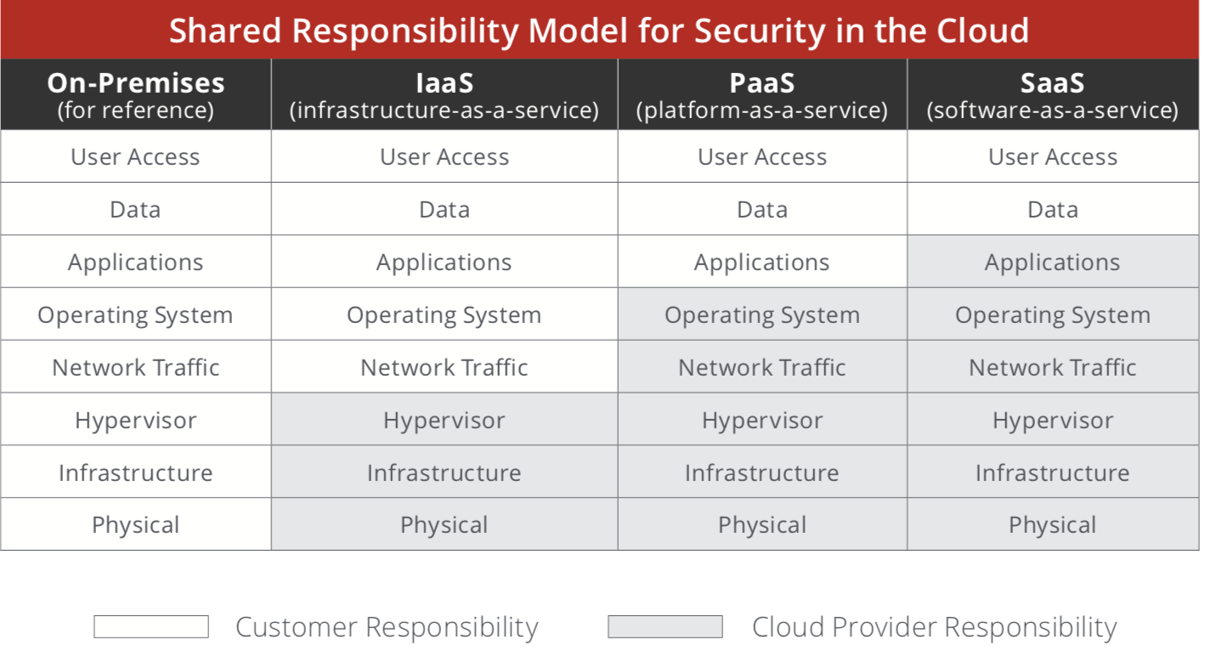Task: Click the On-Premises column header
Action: pyautogui.click(x=136, y=94)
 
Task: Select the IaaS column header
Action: pyautogui.click(x=444, y=94)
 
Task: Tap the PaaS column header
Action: pyautogui.click(x=762, y=94)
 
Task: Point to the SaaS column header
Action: pyautogui.click(x=1053, y=94)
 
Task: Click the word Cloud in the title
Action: pyautogui.click(x=982, y=30)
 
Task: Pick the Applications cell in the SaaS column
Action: pyautogui.click(x=1053, y=262)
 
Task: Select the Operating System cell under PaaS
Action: pyautogui.click(x=762, y=314)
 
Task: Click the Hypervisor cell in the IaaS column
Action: pyautogui.click(x=444, y=420)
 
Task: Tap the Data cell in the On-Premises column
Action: pyautogui.click(x=136, y=209)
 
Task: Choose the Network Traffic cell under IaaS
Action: pyautogui.click(x=444, y=367)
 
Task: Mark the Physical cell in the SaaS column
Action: pyautogui.click(x=1053, y=524)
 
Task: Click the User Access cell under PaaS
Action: pyautogui.click(x=762, y=156)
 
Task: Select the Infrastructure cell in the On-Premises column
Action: pyautogui.click(x=136, y=473)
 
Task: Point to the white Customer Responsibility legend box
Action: pyautogui.click(x=151, y=626)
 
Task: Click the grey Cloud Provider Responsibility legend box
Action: pyautogui.click(x=665, y=626)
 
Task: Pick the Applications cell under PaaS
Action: pyautogui.click(x=762, y=262)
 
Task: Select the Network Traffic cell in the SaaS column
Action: pyautogui.click(x=1053, y=367)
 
